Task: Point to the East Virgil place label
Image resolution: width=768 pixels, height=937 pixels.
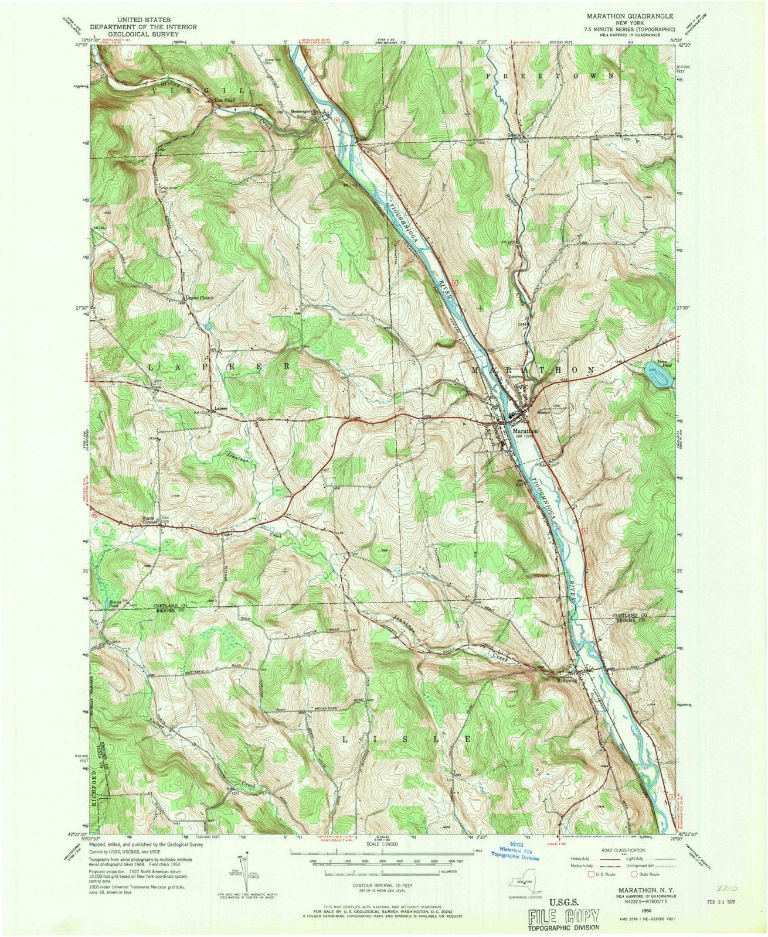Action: tap(225, 102)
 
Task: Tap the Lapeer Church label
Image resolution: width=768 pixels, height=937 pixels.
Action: tap(201, 297)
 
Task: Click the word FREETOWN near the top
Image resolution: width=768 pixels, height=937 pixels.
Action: tap(550, 76)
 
